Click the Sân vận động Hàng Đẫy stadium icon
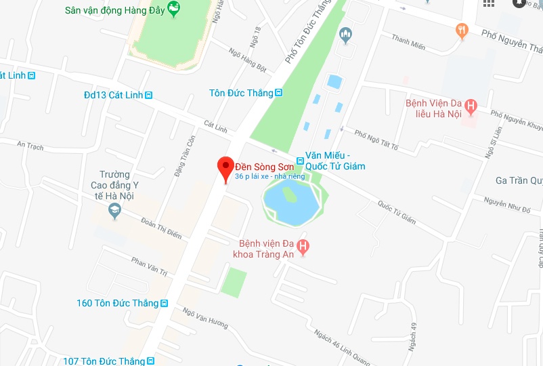[174, 9]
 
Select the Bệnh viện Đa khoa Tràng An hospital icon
[303, 247]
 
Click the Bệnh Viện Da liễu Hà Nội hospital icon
[472, 106]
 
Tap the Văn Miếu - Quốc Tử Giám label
[335, 161]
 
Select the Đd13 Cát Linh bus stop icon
[148, 96]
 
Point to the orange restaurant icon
[462, 29]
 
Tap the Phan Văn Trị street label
[149, 265]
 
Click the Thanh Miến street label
[408, 43]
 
